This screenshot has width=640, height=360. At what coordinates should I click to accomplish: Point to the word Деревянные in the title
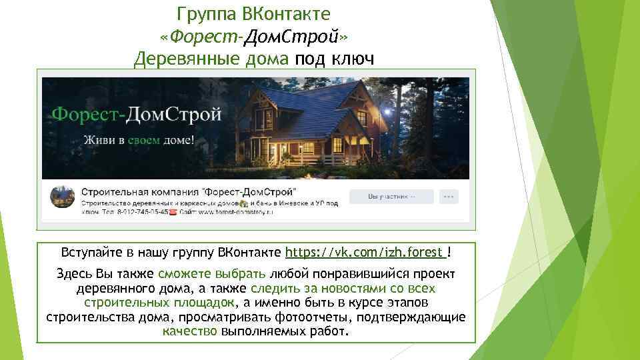coord(177,60)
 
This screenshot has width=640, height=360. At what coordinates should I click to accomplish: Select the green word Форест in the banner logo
coord(86,114)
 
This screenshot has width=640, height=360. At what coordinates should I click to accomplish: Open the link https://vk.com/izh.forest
coord(365,253)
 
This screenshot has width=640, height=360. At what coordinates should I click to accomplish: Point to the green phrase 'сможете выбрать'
coord(212,274)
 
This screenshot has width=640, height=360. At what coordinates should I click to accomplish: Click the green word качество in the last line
coord(189,331)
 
